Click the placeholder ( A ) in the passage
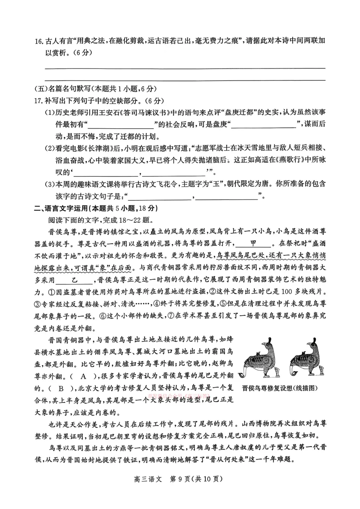pyautogui.click(x=84, y=376)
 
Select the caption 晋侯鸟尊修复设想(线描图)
pyautogui.click(x=280, y=388)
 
